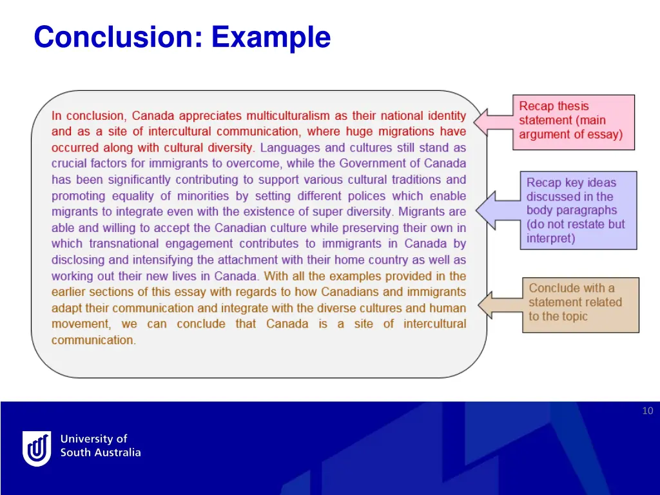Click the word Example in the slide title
[x=271, y=37]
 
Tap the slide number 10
[x=647, y=411]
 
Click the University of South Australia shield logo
[x=37, y=447]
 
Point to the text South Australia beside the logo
[x=100, y=452]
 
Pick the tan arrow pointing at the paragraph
[x=500, y=304]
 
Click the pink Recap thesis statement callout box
[x=573, y=122]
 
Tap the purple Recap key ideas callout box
[x=578, y=210]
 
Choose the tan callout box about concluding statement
[x=580, y=304]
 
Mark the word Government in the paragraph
[x=373, y=164]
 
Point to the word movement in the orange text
[x=80, y=324]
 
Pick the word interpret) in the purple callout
[x=550, y=238]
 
